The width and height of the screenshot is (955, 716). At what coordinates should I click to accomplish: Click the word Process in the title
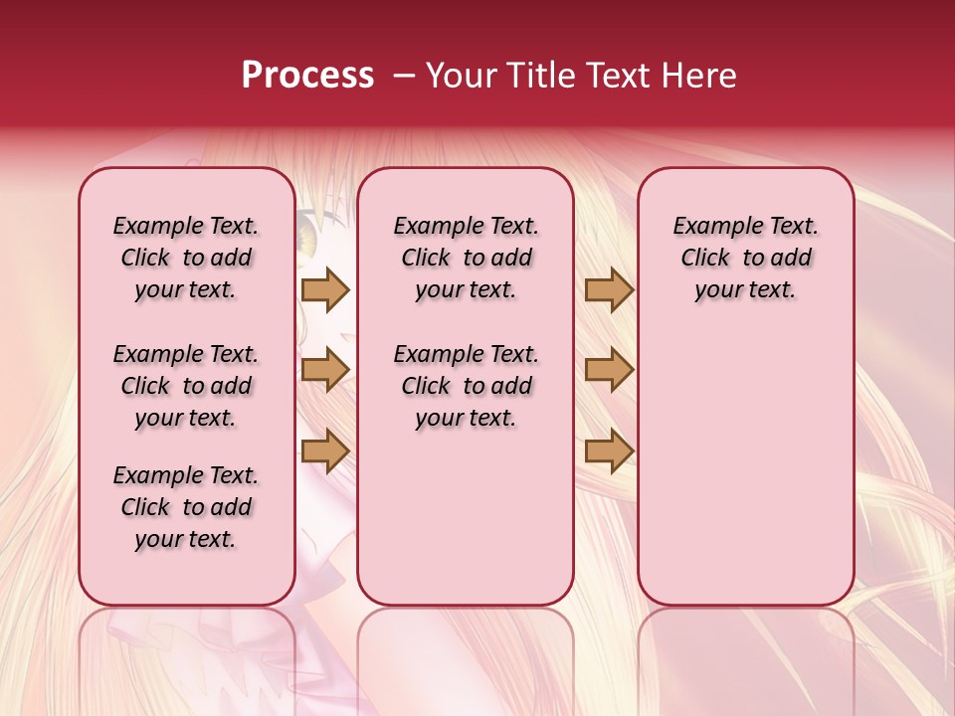(307, 76)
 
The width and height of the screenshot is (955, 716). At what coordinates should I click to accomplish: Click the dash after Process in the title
(404, 77)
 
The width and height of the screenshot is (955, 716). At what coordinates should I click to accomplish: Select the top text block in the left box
(186, 258)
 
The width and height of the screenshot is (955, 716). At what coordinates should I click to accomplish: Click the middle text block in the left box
(186, 386)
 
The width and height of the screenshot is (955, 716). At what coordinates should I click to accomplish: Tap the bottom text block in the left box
(186, 507)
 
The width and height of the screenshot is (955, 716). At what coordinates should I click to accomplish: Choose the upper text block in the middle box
(466, 258)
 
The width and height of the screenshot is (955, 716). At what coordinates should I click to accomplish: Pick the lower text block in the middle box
(466, 386)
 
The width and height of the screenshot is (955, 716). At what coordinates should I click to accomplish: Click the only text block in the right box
(745, 258)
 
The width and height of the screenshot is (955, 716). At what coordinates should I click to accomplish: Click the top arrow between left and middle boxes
(324, 290)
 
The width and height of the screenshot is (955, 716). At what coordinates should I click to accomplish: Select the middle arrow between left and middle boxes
(324, 370)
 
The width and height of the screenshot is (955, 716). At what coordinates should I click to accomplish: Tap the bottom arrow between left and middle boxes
(324, 450)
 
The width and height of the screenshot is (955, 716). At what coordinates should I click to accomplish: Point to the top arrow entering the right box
(609, 290)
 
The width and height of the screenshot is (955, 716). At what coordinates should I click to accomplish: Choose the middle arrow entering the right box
(609, 370)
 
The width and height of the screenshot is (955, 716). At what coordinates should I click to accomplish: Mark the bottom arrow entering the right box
(609, 450)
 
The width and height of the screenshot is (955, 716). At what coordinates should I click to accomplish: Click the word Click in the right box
(705, 258)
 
